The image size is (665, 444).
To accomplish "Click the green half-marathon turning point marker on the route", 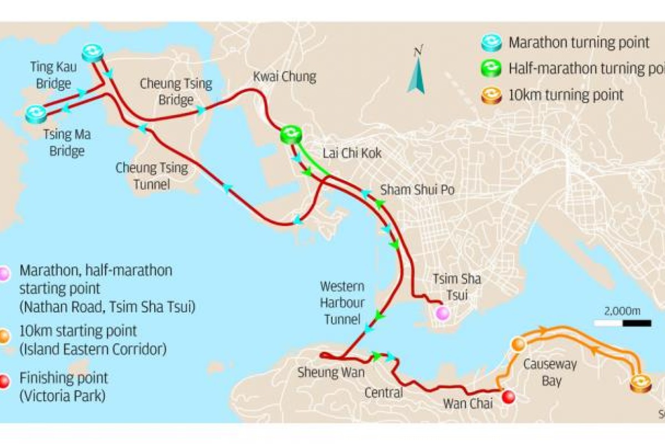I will pos(290,134).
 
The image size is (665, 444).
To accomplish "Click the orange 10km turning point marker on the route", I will pos(641,384).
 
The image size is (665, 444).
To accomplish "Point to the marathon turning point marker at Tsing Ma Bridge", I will pos(36,114).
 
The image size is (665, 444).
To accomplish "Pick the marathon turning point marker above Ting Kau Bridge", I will pos(92,53).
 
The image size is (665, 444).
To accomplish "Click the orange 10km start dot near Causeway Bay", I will pos(518,345).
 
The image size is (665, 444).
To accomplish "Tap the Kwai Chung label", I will pos(284,77).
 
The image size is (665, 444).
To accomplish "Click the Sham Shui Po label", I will pos(417,190).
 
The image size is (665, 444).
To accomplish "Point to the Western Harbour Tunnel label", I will pos(342,303).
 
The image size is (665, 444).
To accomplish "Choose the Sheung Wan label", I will pos(331,372).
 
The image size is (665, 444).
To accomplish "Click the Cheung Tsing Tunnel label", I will pos(151,175).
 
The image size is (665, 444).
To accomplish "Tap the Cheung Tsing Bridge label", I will pos(176,92).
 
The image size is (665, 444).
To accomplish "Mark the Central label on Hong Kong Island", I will pos(383,393).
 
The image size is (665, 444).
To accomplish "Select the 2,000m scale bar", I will pos(622,322).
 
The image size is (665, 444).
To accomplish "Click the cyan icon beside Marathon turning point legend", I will pos(492,42).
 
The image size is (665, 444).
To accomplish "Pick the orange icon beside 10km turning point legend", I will pos(492,95).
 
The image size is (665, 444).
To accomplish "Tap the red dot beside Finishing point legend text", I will pos(4,382).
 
